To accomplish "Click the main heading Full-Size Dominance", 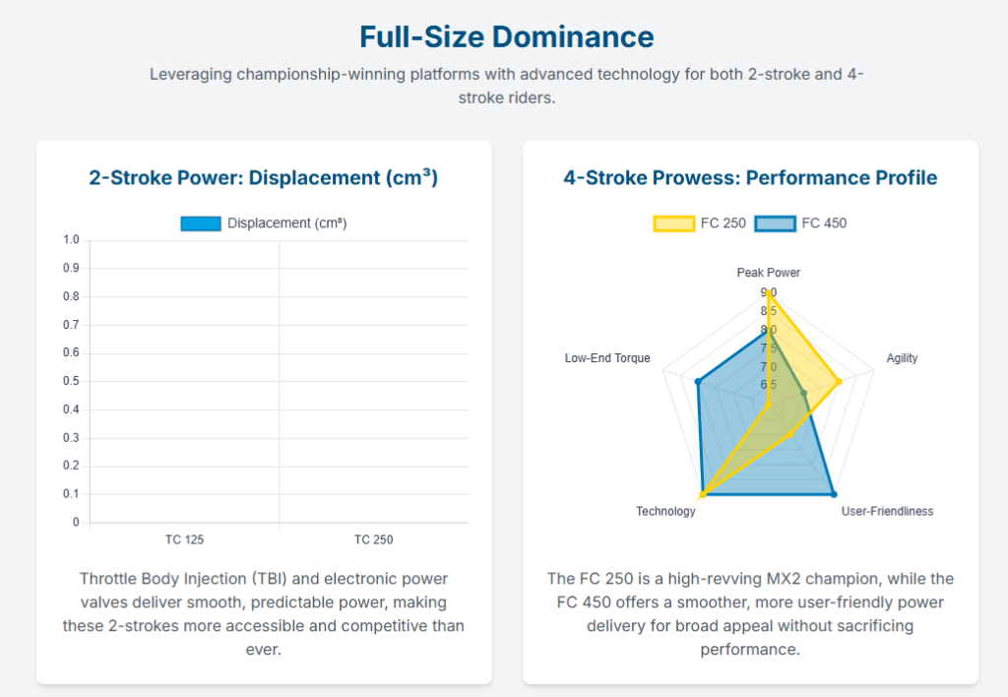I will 506,37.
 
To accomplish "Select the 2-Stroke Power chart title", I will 263,178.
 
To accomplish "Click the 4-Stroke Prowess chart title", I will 750,178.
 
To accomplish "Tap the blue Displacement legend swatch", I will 200,223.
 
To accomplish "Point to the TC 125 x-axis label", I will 184,539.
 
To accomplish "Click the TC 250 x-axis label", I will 373,539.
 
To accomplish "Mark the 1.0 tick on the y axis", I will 71,240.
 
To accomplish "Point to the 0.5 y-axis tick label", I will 71,381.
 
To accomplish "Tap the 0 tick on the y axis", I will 76,523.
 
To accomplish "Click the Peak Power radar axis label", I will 769,272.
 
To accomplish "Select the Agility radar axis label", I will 902,358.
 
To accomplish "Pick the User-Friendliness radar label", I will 887,511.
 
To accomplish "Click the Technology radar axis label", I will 665,511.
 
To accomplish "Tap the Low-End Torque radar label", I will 607,358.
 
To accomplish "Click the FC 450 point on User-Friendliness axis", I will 834,493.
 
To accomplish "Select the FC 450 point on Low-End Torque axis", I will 698,381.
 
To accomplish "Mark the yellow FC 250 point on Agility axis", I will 839,381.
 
